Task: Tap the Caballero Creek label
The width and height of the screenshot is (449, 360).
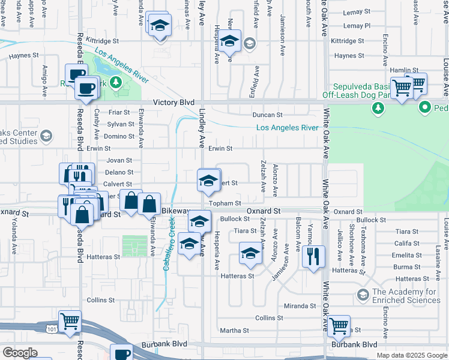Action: click(x=171, y=242)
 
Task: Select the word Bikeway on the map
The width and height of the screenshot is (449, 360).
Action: click(x=176, y=212)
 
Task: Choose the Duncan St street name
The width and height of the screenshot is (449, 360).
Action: click(x=268, y=115)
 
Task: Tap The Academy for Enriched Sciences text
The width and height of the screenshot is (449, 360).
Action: click(x=406, y=296)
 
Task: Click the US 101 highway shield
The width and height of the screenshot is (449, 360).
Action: click(x=52, y=328)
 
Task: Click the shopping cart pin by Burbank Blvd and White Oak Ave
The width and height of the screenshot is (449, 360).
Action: click(x=339, y=326)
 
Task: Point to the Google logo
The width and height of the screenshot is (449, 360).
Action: click(x=20, y=353)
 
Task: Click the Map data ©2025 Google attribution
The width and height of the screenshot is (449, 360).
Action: click(x=411, y=355)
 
